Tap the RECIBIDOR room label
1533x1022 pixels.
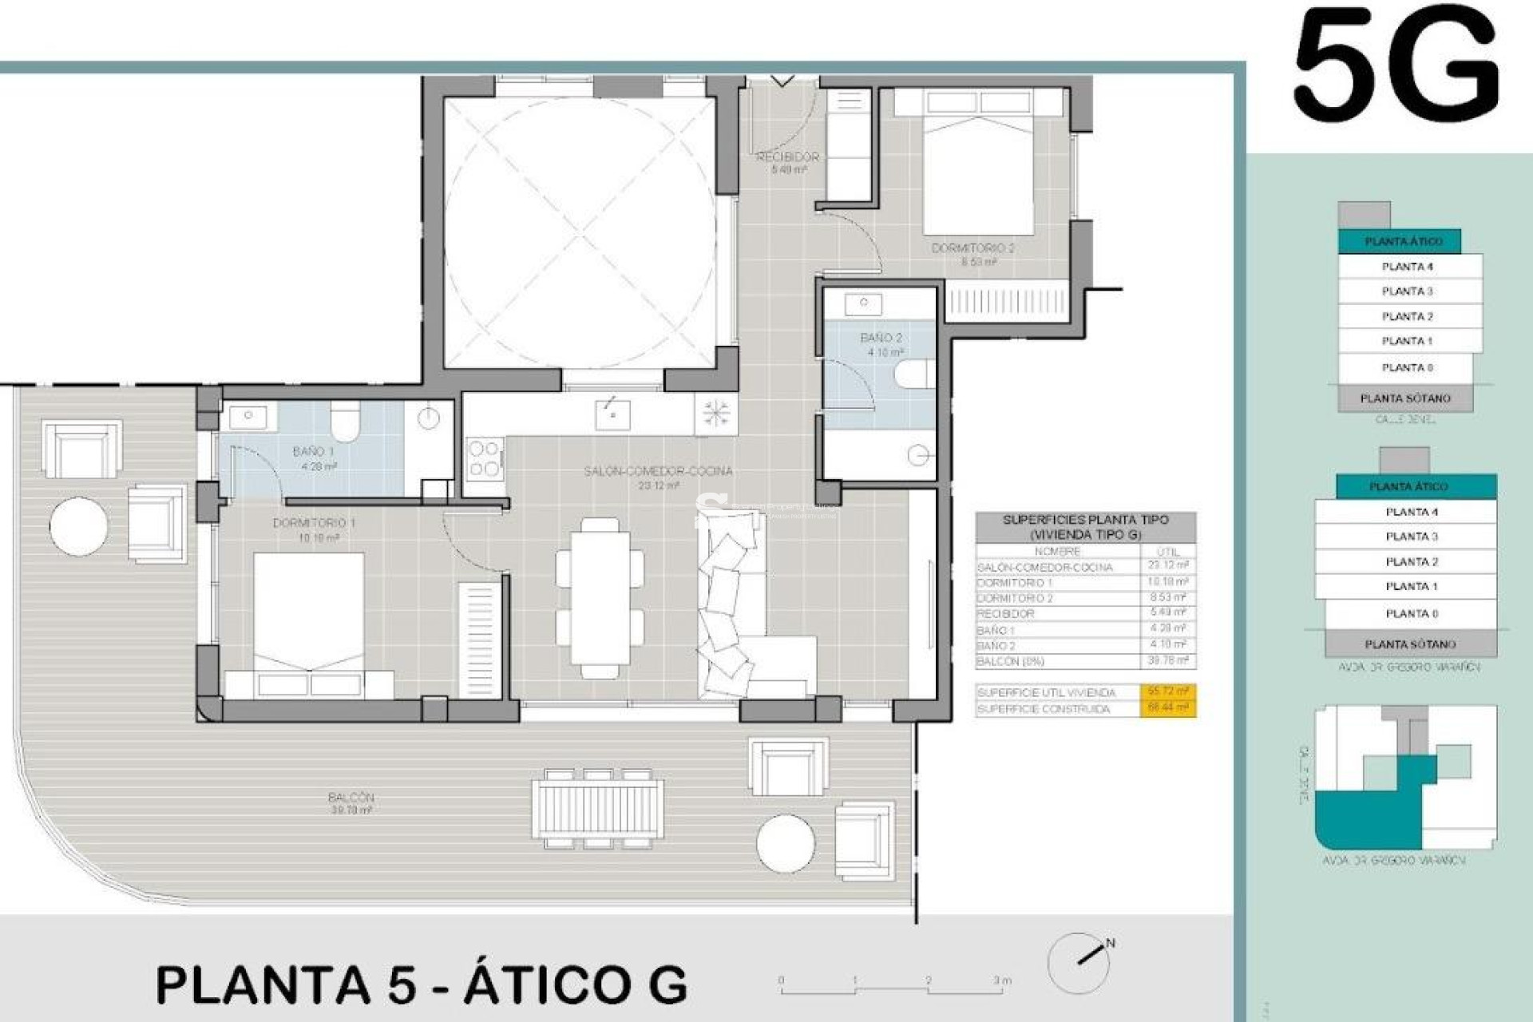point(787,157)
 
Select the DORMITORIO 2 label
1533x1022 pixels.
point(972,248)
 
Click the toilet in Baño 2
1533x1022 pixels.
point(914,374)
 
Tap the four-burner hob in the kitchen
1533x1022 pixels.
point(484,458)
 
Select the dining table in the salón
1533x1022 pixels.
point(600,597)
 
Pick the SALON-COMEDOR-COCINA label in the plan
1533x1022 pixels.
point(658,471)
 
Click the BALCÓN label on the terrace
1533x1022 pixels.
point(351,797)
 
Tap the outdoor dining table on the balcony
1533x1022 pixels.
point(597,809)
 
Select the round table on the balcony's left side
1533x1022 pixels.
point(78,525)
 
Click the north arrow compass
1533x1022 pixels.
point(1079,961)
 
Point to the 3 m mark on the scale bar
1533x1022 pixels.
point(1001,980)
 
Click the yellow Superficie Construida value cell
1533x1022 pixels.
point(1167,708)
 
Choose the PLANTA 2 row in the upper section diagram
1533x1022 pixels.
point(1408,316)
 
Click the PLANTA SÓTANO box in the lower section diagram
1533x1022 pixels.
point(1410,644)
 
